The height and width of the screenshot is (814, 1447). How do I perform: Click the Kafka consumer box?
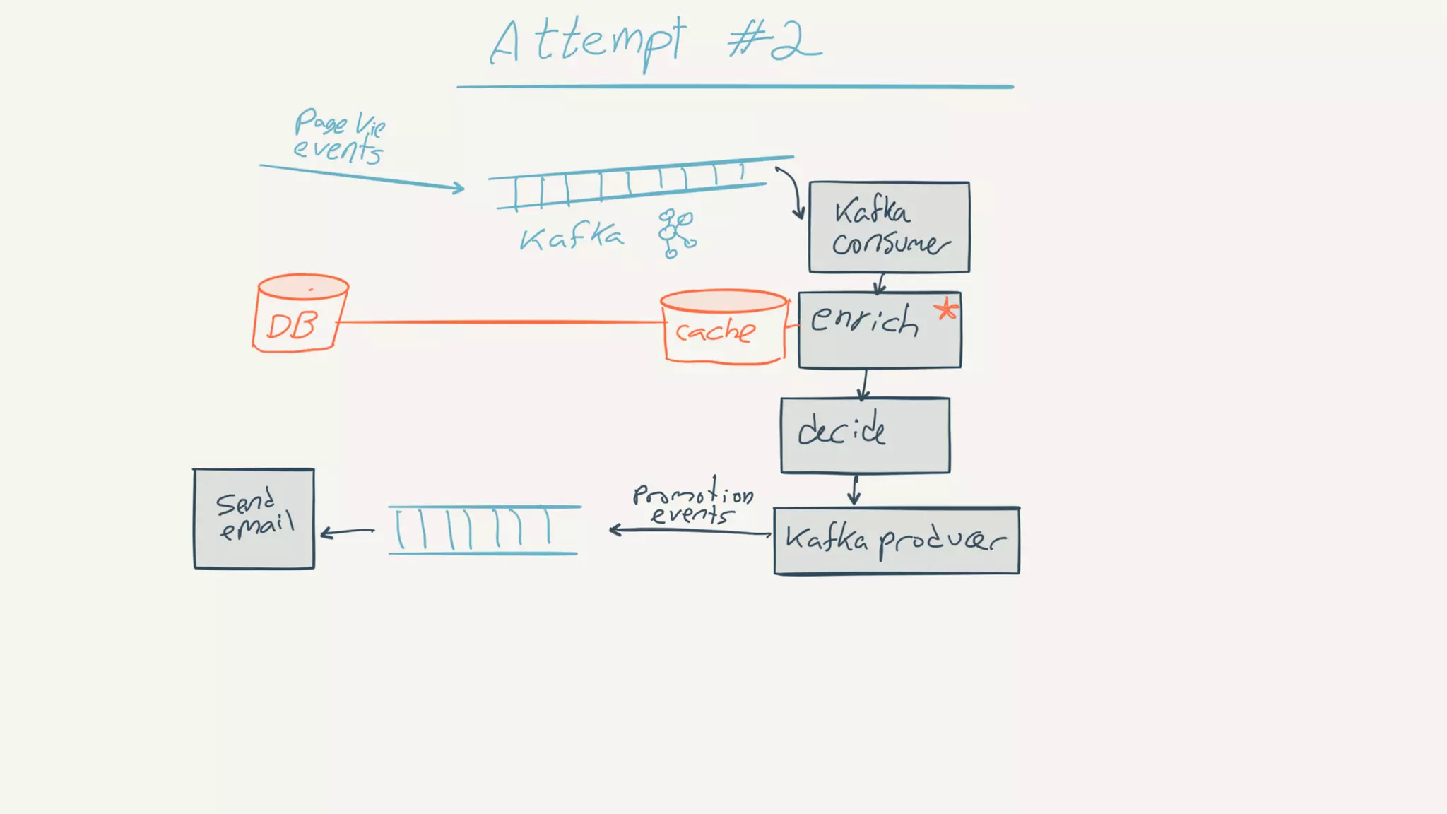(x=889, y=227)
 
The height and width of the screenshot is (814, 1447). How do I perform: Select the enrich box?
(x=880, y=330)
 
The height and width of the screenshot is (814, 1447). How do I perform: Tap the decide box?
(x=865, y=435)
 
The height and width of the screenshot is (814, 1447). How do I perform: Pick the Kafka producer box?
(x=896, y=541)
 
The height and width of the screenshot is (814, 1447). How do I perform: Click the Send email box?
(x=254, y=519)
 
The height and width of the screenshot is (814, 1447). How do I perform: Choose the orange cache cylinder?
(x=723, y=327)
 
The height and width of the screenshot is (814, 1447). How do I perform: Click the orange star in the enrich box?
(x=946, y=309)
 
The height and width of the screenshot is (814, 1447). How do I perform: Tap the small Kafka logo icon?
(x=677, y=233)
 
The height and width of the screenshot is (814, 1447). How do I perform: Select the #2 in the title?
(x=775, y=41)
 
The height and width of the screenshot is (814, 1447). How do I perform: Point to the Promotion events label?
(x=692, y=503)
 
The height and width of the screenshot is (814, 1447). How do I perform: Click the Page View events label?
(x=338, y=136)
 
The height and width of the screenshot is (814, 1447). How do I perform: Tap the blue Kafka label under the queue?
(x=572, y=237)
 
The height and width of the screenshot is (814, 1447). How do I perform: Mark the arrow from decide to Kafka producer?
(x=855, y=490)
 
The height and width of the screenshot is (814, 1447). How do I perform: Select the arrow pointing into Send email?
(x=347, y=532)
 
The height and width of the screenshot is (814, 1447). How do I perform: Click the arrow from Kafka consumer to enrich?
(x=880, y=283)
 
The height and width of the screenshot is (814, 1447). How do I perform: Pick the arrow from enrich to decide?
(x=864, y=384)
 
